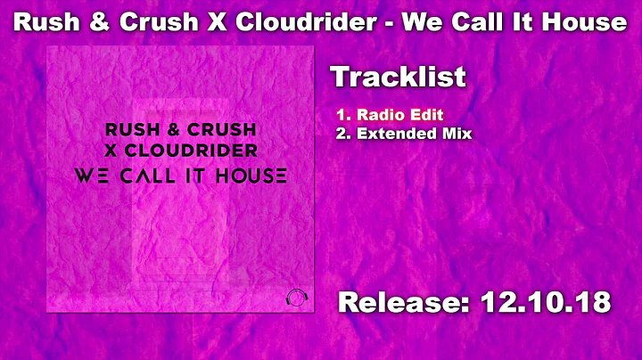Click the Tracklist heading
point(398,77)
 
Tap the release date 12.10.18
point(546,302)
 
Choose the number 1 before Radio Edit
point(341,115)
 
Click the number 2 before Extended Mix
point(341,134)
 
